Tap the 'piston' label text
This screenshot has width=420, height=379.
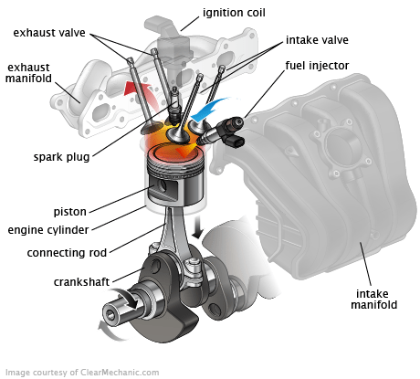click(x=71, y=211)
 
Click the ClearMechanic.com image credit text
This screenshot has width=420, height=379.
click(x=82, y=372)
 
